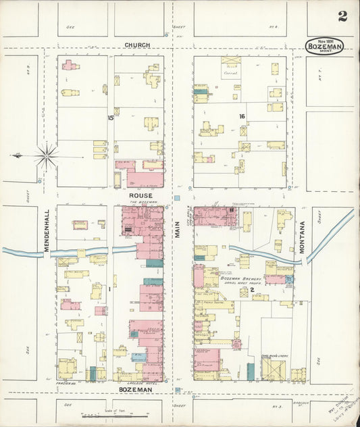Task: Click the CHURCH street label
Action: click(137, 45)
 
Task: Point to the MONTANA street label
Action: click(303, 237)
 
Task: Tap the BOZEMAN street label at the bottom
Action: click(136, 391)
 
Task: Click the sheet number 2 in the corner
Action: click(342, 16)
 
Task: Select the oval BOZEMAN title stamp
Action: click(324, 46)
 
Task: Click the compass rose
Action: click(47, 156)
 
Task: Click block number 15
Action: click(110, 118)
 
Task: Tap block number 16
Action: click(241, 116)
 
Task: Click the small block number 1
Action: click(109, 289)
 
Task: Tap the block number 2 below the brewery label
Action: click(252, 290)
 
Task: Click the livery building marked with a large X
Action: click(273, 369)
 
